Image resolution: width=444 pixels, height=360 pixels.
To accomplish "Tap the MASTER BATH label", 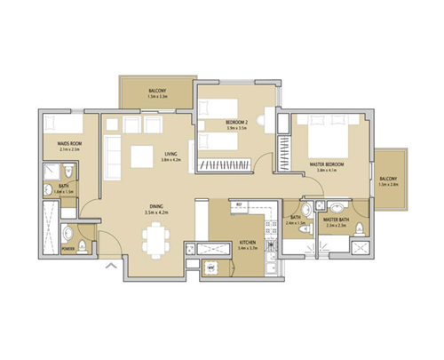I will (x=337, y=219).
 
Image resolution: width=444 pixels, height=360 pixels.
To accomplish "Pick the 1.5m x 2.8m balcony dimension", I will (x=388, y=184).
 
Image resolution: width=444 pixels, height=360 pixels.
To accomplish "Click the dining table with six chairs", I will (x=156, y=239).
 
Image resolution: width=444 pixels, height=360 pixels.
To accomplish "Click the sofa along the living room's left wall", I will (x=113, y=156).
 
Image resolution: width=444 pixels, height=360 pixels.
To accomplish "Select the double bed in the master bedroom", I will (x=321, y=137).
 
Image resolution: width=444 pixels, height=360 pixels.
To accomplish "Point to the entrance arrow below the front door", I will (x=111, y=264).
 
